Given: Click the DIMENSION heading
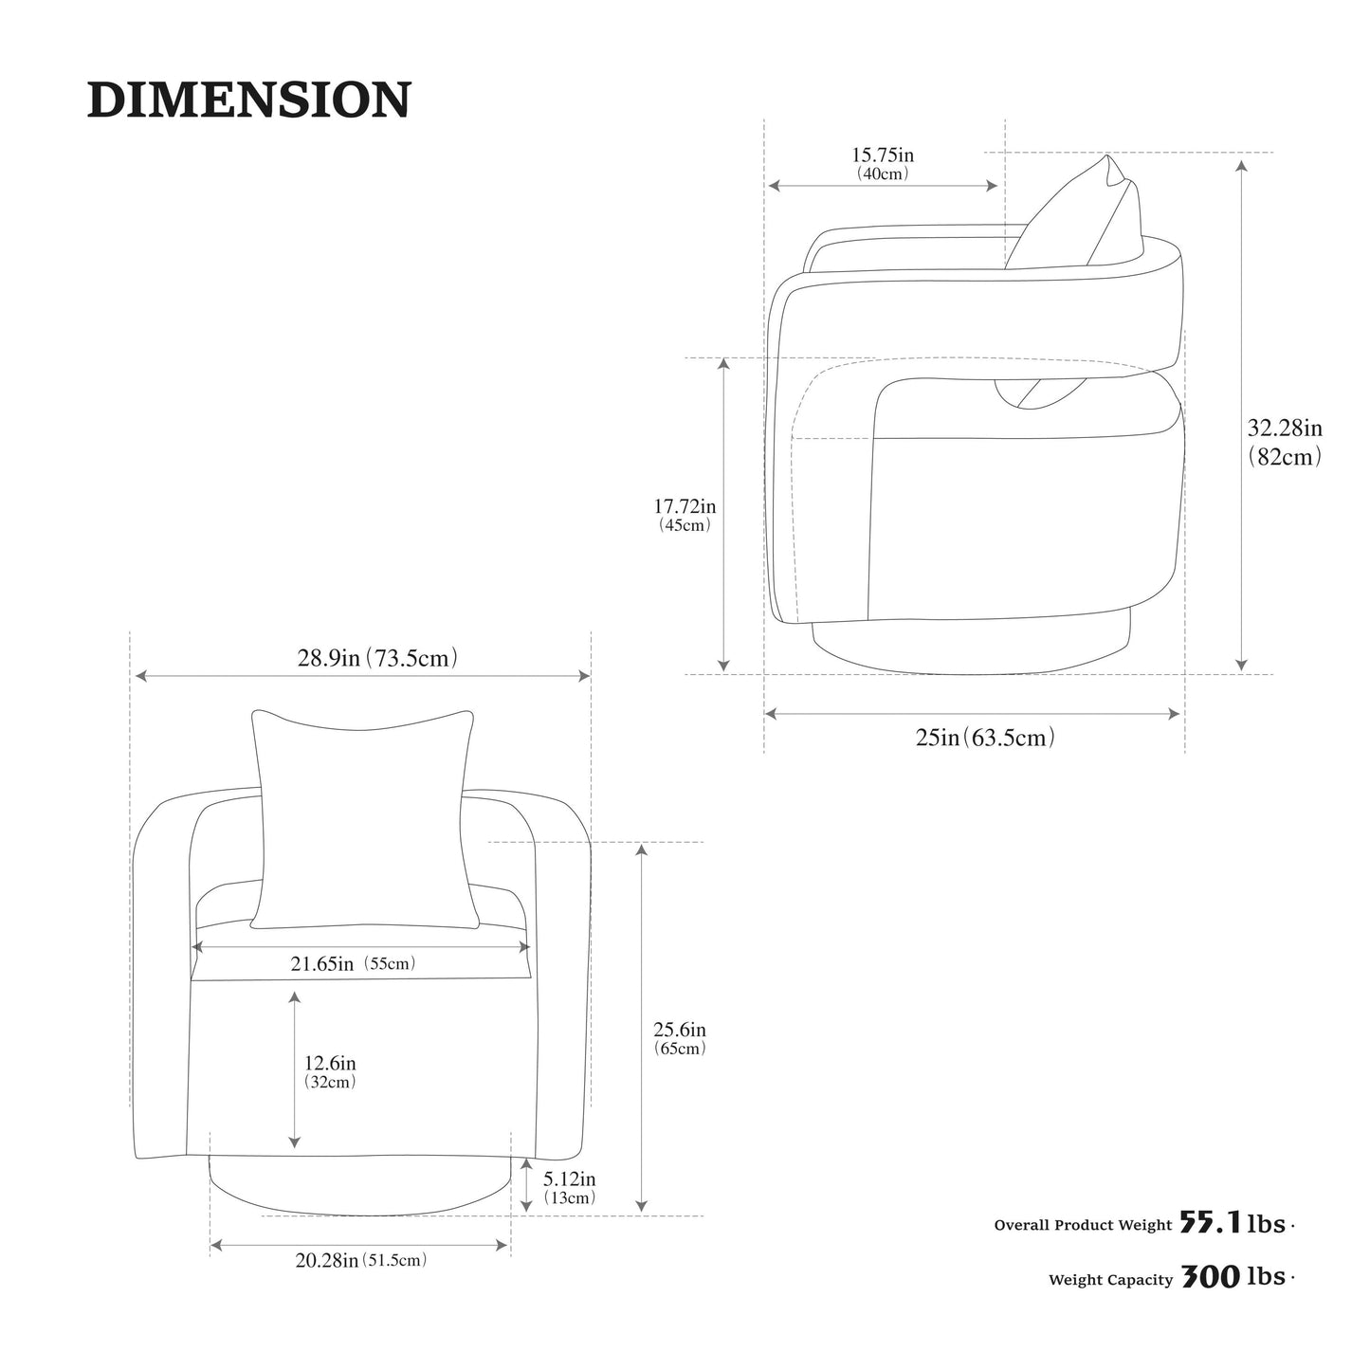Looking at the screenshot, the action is pos(248,99).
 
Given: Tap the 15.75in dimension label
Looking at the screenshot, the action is pos(883,155).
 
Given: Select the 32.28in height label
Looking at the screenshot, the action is pos(1285,428).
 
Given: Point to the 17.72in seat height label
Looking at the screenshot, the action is pos(684,506).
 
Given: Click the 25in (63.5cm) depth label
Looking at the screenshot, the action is pos(985,738).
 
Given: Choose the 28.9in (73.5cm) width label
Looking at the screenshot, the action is pos(376,658).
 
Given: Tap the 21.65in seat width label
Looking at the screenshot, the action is pos(321,964).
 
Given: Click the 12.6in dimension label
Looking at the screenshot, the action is pos(330,1063).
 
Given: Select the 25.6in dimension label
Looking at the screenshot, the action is pos(680,1029).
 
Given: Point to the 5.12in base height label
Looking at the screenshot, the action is pos(570,1178).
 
